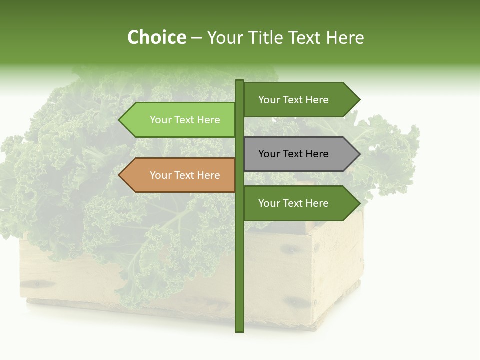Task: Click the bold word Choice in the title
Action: [157, 38]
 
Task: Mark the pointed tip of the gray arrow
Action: [359, 154]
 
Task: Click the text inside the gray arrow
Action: [293, 154]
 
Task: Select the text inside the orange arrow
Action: [185, 175]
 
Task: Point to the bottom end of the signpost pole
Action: [239, 330]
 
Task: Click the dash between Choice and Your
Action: [196, 38]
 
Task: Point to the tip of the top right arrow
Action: [359, 100]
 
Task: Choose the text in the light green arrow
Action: [185, 120]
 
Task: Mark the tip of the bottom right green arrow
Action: [359, 203]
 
